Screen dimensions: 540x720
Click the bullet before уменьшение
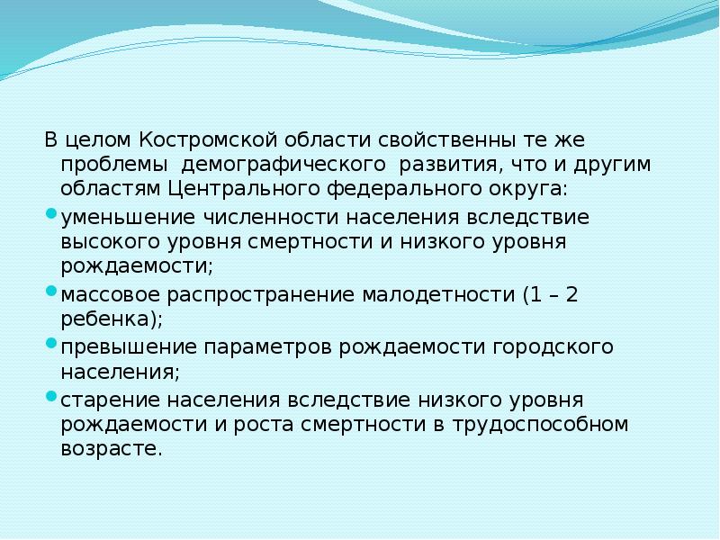pos(50,215)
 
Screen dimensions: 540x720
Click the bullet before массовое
pos(50,291)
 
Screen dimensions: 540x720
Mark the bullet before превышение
pos(50,343)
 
